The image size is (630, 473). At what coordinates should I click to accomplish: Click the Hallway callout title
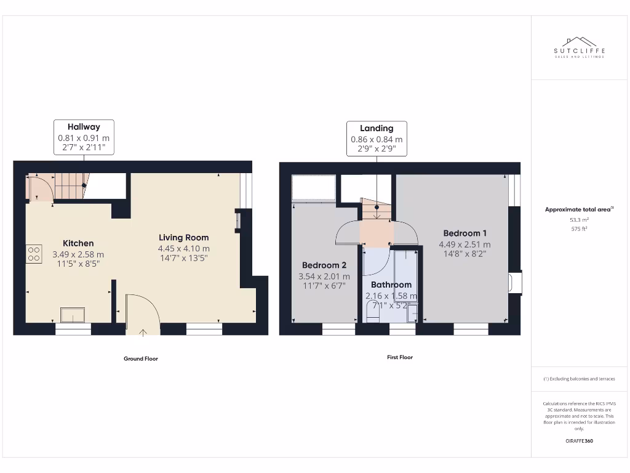point(84,127)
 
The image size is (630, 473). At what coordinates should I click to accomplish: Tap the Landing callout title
point(377,128)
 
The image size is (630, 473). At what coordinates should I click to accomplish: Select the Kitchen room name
point(78,243)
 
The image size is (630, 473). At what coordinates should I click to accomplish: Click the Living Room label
point(183,237)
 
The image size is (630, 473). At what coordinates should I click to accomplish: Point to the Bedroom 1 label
point(465,233)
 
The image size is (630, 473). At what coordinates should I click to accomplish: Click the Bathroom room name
point(391,285)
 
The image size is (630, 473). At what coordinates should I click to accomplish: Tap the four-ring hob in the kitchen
point(34,254)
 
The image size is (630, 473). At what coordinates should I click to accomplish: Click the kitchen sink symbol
point(74,314)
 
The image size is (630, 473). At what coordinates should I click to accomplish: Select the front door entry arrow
point(143,333)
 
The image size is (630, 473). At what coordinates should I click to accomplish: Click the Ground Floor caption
point(141,358)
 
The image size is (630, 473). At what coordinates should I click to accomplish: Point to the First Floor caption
point(399,357)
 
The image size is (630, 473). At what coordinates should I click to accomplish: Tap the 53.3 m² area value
point(579,219)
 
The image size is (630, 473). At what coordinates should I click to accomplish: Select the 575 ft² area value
point(579,228)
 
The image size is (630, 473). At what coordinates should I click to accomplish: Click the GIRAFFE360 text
point(579,441)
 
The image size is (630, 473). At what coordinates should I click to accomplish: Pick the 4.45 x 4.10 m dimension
point(183,249)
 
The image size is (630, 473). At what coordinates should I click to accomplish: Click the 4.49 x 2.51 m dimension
point(465,245)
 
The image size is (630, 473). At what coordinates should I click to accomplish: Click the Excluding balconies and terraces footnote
point(579,379)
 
